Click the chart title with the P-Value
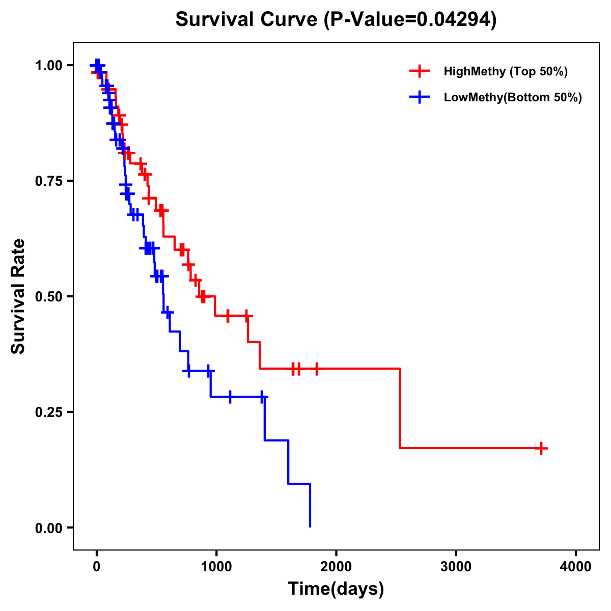coord(336,19)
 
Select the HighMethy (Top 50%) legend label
coord(505,71)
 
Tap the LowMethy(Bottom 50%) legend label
coord(513,97)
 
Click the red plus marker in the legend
coord(420,71)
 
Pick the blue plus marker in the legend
coord(420,97)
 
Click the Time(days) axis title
coord(336,589)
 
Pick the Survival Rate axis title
coord(18,296)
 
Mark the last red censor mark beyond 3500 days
coord(542,448)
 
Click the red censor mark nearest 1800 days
coord(317,369)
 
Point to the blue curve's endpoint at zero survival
coord(310,526)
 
